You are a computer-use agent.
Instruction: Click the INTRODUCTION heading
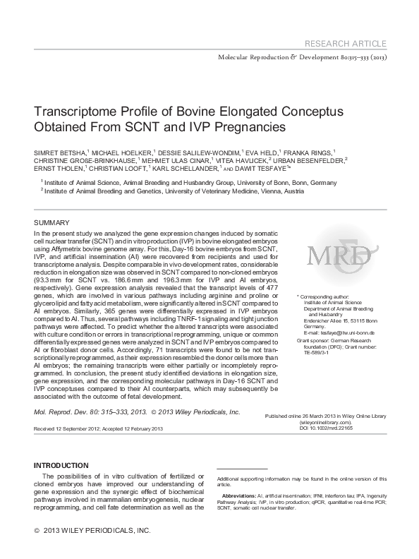[x=62, y=465]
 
